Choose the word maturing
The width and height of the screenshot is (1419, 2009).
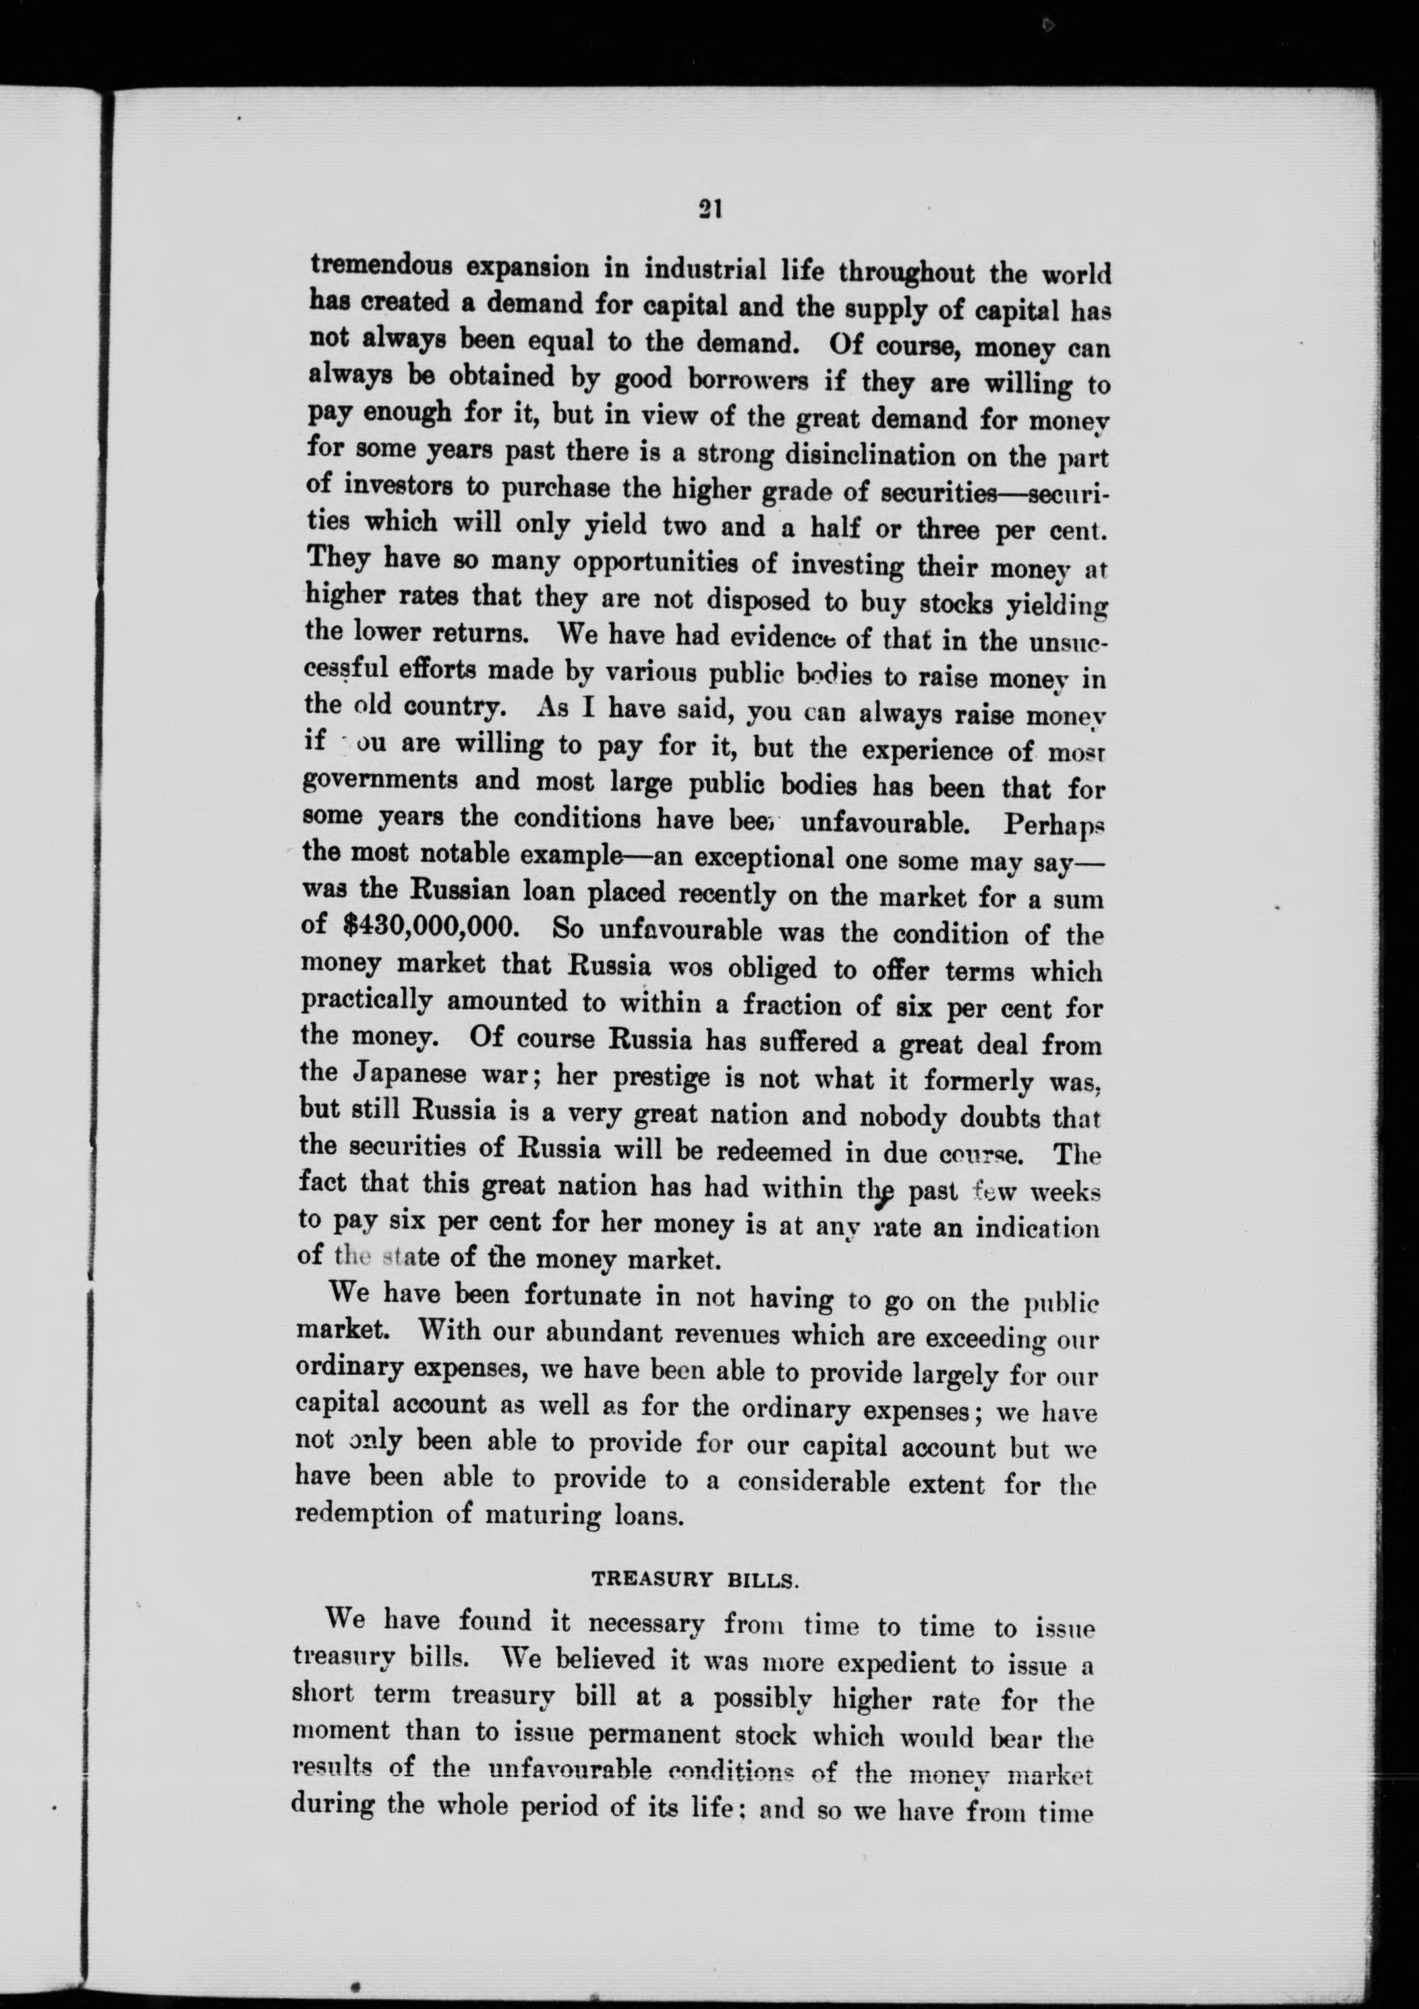pos(540,1516)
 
